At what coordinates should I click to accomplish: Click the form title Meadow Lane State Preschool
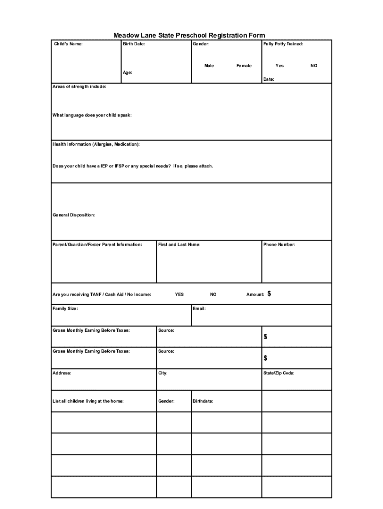pyautogui.click(x=189, y=35)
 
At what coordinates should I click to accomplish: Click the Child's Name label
pyautogui.click(x=69, y=44)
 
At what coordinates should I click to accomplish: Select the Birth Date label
pyautogui.click(x=134, y=44)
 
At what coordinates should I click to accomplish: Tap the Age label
pyautogui.click(x=128, y=73)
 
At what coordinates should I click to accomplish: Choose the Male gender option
pyautogui.click(x=209, y=66)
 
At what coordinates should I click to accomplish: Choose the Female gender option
pyautogui.click(x=244, y=66)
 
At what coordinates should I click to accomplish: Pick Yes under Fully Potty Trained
pyautogui.click(x=280, y=66)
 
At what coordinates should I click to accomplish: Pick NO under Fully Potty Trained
pyautogui.click(x=314, y=66)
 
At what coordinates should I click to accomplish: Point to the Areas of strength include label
pyautogui.click(x=80, y=87)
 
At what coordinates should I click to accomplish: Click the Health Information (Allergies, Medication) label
pyautogui.click(x=96, y=144)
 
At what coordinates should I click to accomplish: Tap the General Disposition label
pyautogui.click(x=74, y=215)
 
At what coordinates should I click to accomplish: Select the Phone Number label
pyautogui.click(x=279, y=245)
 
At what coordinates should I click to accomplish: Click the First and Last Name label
pyautogui.click(x=180, y=245)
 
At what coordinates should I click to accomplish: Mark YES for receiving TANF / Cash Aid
pyautogui.click(x=179, y=294)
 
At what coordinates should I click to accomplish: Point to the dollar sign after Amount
pyautogui.click(x=269, y=294)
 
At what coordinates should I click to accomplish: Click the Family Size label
pyautogui.click(x=65, y=309)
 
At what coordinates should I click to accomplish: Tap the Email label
pyautogui.click(x=199, y=309)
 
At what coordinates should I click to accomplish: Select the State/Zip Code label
pyautogui.click(x=279, y=373)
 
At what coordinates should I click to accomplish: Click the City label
pyautogui.click(x=163, y=373)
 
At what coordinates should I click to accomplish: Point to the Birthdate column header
pyautogui.click(x=203, y=401)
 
